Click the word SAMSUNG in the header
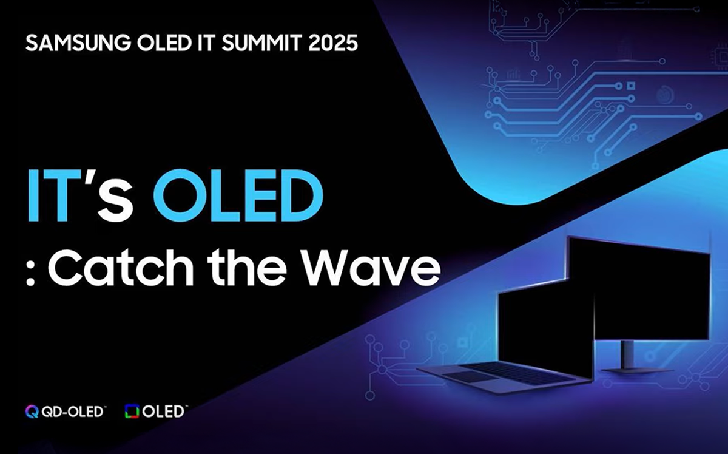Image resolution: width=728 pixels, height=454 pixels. click(x=78, y=42)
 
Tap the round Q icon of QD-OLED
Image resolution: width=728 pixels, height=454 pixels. click(x=32, y=412)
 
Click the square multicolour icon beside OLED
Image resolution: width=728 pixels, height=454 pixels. click(x=132, y=412)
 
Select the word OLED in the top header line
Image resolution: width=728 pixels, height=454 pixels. click(x=164, y=42)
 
